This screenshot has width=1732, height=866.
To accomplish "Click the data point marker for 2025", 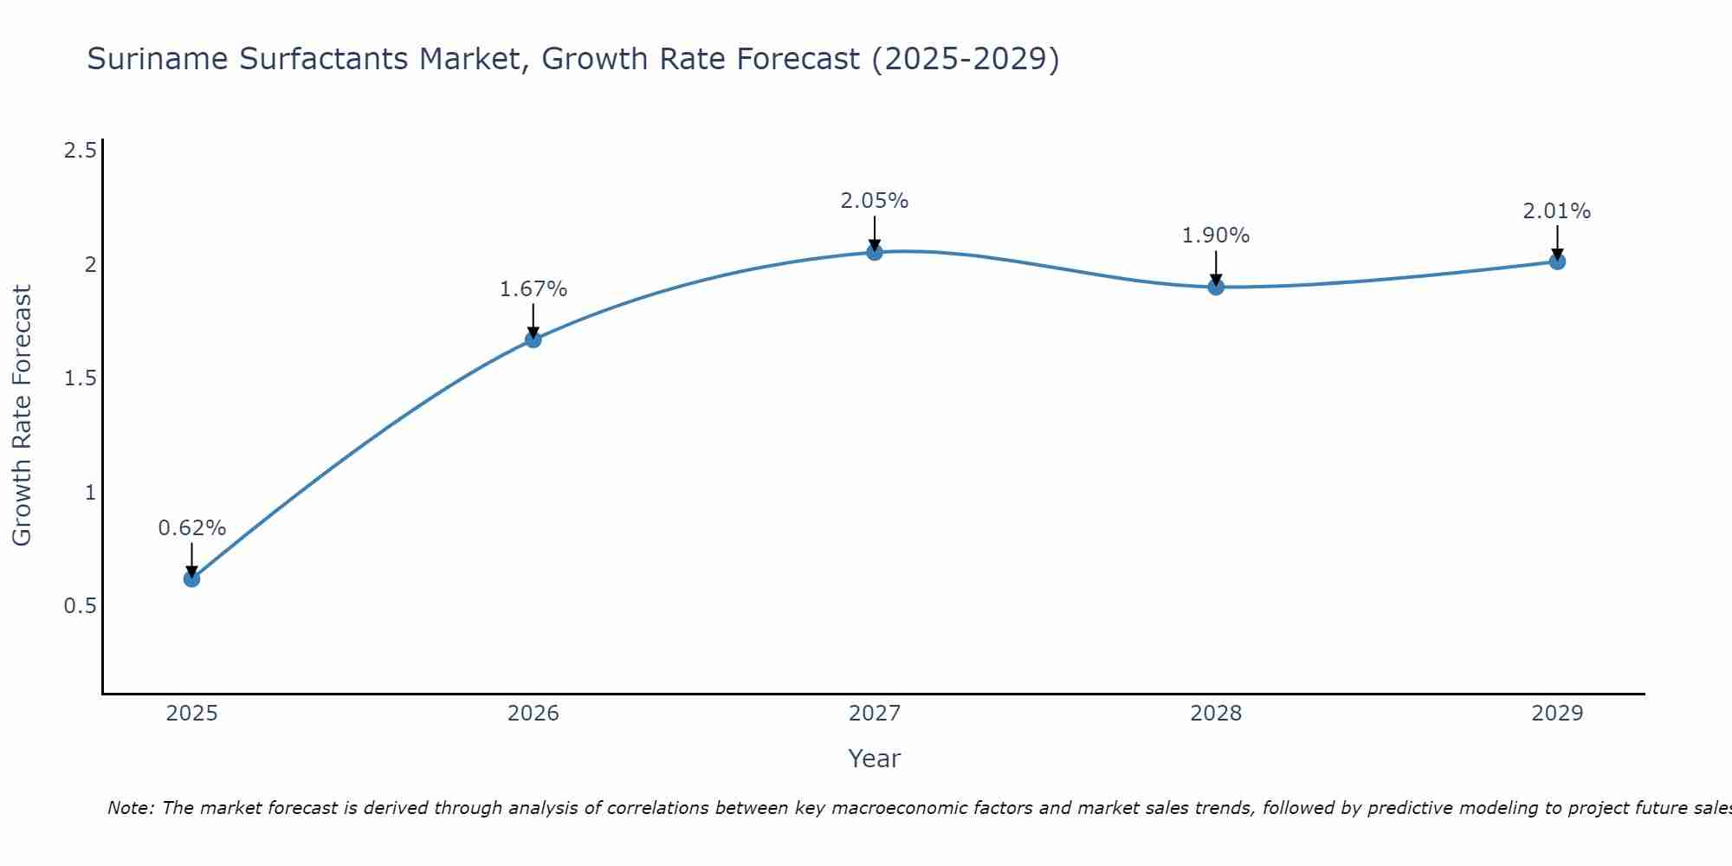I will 192,578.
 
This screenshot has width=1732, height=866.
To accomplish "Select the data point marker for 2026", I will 533,339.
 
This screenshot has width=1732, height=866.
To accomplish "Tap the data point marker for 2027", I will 875,252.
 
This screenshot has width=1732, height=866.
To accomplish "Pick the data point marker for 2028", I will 1216,287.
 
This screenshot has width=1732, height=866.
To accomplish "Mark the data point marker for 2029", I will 1557,262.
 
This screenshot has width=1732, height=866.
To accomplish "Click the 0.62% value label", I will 192,528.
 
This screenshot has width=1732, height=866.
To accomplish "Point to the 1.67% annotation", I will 533,289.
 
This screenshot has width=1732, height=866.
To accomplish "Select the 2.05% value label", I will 875,201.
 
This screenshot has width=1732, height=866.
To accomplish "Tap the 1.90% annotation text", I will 1216,236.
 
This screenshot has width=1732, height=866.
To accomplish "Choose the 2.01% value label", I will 1557,211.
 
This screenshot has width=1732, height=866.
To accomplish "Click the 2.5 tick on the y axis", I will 80,152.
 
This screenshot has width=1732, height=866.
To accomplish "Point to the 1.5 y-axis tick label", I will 80,378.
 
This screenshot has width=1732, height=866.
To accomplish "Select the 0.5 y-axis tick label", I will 80,606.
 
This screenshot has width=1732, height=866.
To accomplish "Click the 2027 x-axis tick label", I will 875,714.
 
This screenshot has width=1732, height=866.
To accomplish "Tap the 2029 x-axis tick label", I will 1557,714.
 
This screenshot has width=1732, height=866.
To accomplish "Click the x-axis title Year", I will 875,759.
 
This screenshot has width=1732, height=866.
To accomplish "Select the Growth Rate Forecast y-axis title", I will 23,416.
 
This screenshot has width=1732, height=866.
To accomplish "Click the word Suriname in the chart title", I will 158,59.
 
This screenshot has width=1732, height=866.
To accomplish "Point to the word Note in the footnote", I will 130,808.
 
